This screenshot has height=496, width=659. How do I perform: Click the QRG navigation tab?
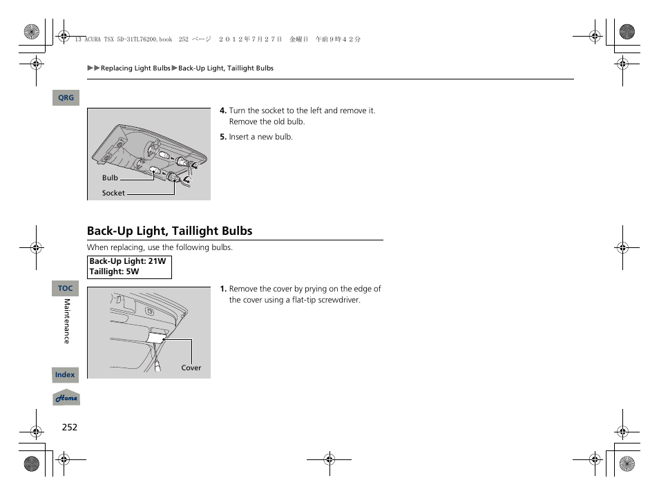coord(66,98)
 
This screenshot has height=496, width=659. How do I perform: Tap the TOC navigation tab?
coord(66,288)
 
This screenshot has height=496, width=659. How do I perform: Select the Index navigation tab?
coord(65,375)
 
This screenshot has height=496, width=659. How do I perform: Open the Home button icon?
coord(66,398)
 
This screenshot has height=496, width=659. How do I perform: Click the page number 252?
coord(69,427)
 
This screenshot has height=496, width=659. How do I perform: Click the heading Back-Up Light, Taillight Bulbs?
coord(169,231)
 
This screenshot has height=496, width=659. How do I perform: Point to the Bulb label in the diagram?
coord(111,178)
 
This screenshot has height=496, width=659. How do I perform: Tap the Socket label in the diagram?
coord(113,193)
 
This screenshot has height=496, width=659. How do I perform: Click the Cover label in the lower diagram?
coord(191,368)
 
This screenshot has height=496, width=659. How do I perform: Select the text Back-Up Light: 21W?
coord(128,262)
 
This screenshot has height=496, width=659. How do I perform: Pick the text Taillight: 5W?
coord(114,272)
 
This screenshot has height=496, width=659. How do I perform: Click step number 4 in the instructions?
coord(223,111)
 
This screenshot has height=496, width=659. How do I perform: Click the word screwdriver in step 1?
coord(338,300)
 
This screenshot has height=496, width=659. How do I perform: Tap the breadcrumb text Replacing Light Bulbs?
coord(135,68)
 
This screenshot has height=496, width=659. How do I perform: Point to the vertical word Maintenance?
coord(67,321)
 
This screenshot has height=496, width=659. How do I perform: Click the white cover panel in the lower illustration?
coord(157,337)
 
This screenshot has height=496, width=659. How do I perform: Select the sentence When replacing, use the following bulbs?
coord(160,247)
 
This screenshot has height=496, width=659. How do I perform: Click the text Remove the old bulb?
coord(267,122)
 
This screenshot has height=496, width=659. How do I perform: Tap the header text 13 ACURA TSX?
coord(96,39)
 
